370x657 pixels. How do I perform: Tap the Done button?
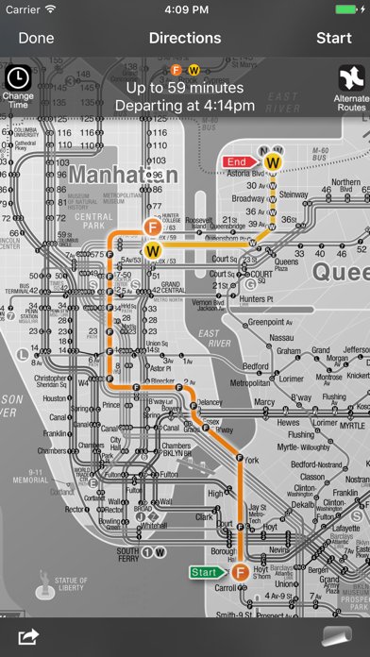tap(36, 39)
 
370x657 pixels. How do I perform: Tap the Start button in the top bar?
tap(333, 39)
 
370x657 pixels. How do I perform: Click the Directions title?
tap(185, 39)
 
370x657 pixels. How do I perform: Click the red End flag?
tap(238, 162)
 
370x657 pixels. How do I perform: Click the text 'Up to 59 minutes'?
tap(185, 88)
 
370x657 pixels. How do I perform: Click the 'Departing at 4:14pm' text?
tap(185, 105)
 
